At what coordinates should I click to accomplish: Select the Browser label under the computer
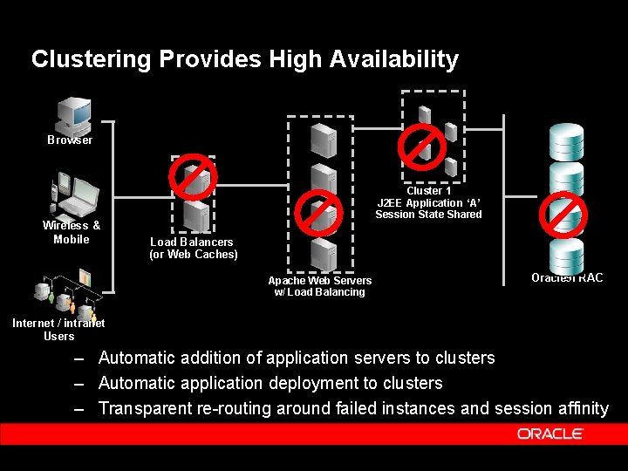click(70, 140)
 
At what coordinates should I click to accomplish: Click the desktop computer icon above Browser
click(73, 113)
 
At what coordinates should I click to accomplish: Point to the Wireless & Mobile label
click(72, 232)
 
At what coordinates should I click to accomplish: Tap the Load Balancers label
click(192, 242)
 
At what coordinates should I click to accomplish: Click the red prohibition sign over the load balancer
click(193, 177)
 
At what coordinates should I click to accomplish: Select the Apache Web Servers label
click(319, 280)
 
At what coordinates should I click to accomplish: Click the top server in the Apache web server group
click(323, 137)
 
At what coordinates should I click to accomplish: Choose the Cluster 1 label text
click(428, 190)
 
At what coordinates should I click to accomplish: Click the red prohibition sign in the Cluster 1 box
click(422, 142)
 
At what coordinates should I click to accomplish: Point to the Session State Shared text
click(428, 215)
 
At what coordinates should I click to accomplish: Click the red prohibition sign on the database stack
click(563, 214)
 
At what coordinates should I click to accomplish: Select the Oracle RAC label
click(567, 277)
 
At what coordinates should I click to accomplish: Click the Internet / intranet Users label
click(58, 329)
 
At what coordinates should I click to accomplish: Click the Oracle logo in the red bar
click(549, 433)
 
